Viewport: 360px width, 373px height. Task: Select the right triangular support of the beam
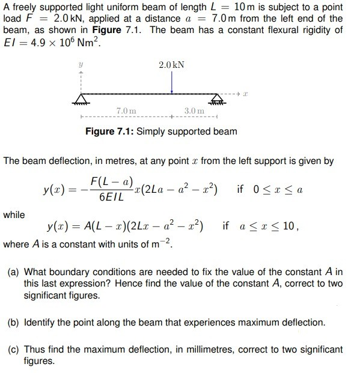(x=219, y=100)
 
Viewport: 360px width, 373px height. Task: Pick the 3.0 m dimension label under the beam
(x=194, y=111)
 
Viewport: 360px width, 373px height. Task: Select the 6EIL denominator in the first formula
(x=112, y=196)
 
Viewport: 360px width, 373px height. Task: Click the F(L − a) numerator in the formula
(x=112, y=181)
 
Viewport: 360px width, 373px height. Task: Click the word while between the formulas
(x=14, y=214)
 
